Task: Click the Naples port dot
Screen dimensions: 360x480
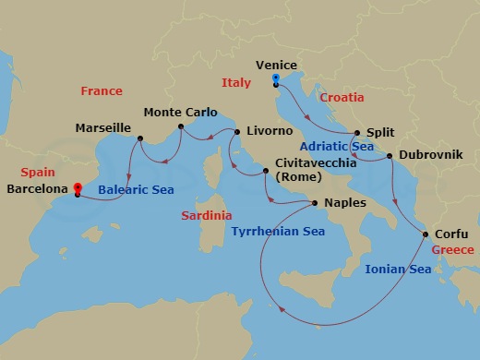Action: click(316, 203)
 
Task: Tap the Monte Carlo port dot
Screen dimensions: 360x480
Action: click(181, 129)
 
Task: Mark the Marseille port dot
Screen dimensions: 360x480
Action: click(139, 139)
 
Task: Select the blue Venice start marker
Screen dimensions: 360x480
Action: click(278, 79)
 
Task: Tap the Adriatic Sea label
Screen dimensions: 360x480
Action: click(337, 146)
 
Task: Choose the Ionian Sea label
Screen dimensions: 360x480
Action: click(398, 270)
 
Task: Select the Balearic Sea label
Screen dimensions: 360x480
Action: click(137, 190)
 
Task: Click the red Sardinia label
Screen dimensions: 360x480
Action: click(206, 215)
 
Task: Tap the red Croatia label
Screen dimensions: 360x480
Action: click(342, 97)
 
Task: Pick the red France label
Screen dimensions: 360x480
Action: click(102, 91)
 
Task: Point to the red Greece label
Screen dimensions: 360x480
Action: click(452, 250)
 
